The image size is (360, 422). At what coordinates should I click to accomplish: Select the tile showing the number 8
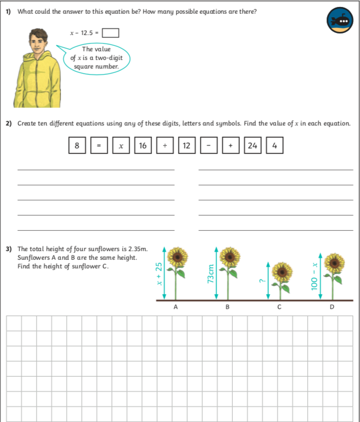pos(77,146)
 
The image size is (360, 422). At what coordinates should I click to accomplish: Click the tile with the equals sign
pos(99,146)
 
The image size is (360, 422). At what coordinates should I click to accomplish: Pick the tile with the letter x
pos(121,146)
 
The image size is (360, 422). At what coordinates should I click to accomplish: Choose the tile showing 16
pos(143,146)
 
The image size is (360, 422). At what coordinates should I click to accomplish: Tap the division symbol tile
pos(165,146)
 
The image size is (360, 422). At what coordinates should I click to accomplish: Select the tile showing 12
pos(187,146)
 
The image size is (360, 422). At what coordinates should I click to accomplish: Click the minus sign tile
pos(208,146)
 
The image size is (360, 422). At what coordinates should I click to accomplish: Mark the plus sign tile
pos(230,146)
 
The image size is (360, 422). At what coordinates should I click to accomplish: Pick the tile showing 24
pos(252,146)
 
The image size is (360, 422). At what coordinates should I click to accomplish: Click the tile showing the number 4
pos(275,146)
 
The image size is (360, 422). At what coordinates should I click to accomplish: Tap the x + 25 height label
pos(159,274)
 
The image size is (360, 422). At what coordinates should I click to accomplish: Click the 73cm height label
pos(211,275)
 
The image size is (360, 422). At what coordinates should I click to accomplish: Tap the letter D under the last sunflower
pos(332,307)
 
